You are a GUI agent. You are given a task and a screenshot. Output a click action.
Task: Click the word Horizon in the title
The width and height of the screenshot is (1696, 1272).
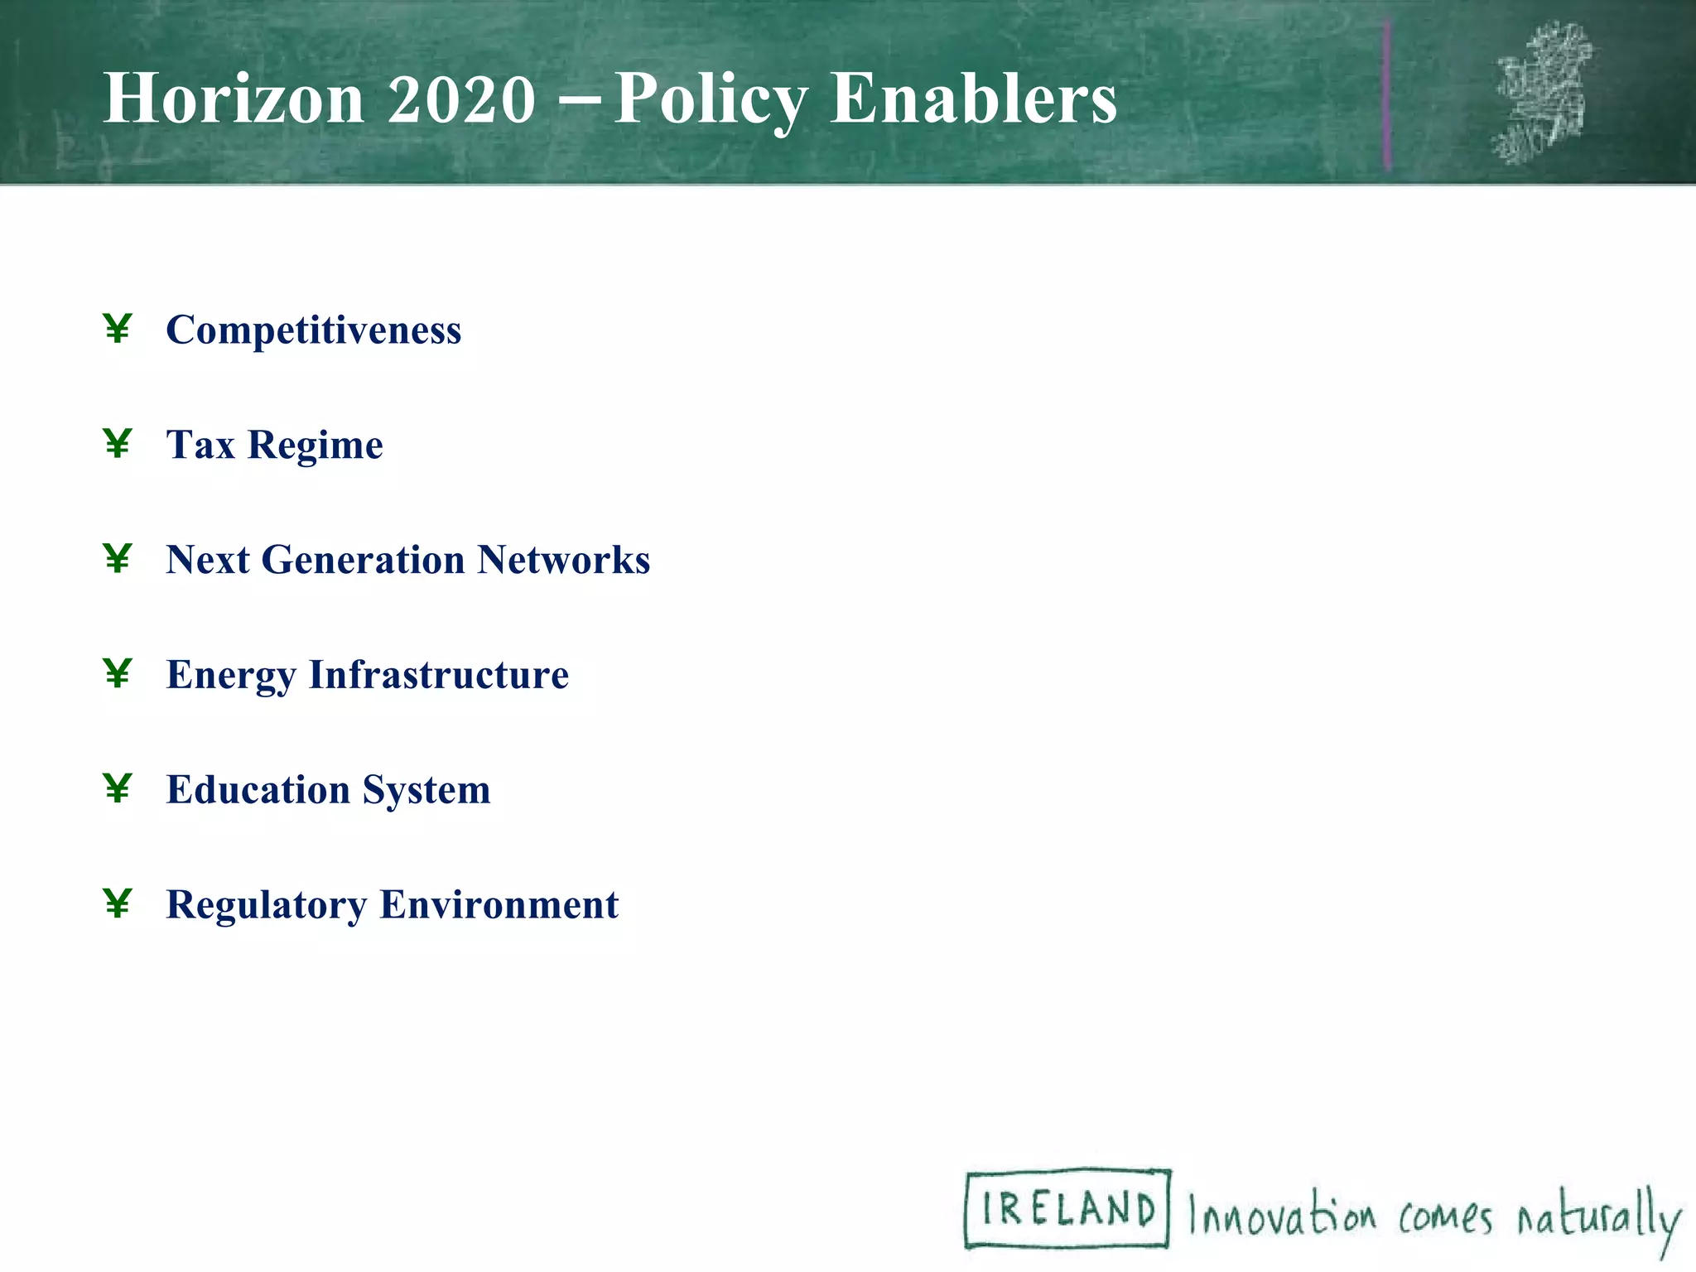pos(234,99)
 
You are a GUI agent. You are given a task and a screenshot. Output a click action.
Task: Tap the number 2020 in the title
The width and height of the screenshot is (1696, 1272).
pos(461,99)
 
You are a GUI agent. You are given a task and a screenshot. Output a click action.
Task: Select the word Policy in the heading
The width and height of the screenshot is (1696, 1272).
pos(710,100)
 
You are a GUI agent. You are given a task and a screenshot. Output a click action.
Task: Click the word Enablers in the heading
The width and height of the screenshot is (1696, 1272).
pos(974,99)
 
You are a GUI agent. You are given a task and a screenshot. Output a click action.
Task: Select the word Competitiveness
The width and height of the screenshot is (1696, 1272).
pos(314,330)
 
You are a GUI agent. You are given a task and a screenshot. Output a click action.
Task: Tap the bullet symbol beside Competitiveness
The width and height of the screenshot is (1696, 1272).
pos(118,329)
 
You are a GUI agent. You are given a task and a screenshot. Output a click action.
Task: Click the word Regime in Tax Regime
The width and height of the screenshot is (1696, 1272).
pos(316,446)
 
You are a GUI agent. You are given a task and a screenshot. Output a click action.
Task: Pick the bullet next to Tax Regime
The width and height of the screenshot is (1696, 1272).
pos(118,444)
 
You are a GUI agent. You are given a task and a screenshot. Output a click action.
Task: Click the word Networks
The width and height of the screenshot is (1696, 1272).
pos(563,559)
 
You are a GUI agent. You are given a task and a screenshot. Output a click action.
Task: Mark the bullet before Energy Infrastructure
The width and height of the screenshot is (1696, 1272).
pos(118,673)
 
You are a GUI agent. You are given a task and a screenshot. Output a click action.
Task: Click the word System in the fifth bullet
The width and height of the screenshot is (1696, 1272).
pos(426,790)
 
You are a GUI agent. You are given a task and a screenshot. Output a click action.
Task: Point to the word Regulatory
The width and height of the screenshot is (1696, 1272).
pos(267,904)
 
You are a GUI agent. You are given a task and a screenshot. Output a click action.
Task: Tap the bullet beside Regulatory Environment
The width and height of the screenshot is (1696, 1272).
pos(118,903)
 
